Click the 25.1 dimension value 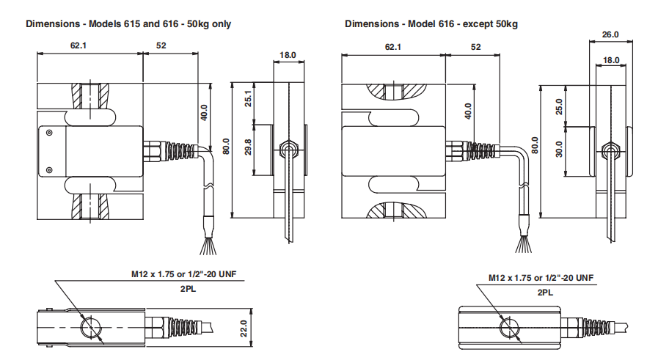[x=249, y=97]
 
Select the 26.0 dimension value [x=610, y=34]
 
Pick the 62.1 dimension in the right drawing [x=392, y=47]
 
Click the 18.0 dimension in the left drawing [x=288, y=55]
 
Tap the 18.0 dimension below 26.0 [x=610, y=60]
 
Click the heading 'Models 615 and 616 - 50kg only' [x=128, y=23]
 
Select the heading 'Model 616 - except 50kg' [x=431, y=23]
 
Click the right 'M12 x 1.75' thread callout [x=541, y=279]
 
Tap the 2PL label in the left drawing [x=186, y=289]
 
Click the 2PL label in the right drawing [x=545, y=293]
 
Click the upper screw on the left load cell [x=48, y=133]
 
